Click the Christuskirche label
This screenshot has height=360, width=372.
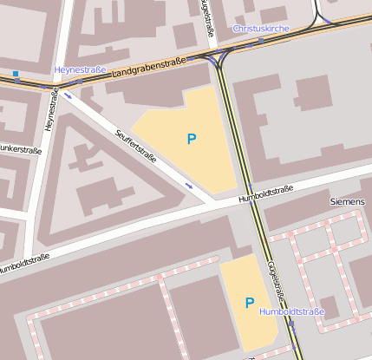coord(260,29)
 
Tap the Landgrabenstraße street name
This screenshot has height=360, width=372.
coord(149,69)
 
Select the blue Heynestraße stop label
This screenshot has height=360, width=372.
coord(80,69)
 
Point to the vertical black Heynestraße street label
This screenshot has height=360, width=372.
coord(49,113)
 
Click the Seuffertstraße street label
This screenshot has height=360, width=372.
coord(136,146)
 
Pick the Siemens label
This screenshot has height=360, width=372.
coord(348,201)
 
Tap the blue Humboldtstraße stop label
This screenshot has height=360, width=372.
coord(291,311)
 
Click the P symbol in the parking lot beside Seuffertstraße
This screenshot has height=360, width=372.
coord(192,138)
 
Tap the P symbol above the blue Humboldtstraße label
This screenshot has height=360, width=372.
coord(250,303)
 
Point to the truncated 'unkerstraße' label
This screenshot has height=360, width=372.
coord(21,149)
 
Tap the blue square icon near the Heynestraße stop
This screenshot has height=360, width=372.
coord(16,74)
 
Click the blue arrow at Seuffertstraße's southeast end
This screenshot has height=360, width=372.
coord(189,185)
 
